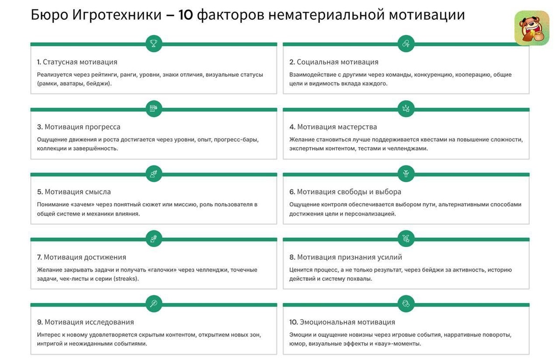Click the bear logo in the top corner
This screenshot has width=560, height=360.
532,28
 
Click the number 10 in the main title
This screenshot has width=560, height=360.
185,15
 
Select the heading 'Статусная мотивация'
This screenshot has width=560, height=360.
80,62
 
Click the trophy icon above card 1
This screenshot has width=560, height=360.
154,44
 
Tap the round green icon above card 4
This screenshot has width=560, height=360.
406,109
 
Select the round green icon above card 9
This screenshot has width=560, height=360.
154,304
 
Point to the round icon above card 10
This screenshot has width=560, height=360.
406,304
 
